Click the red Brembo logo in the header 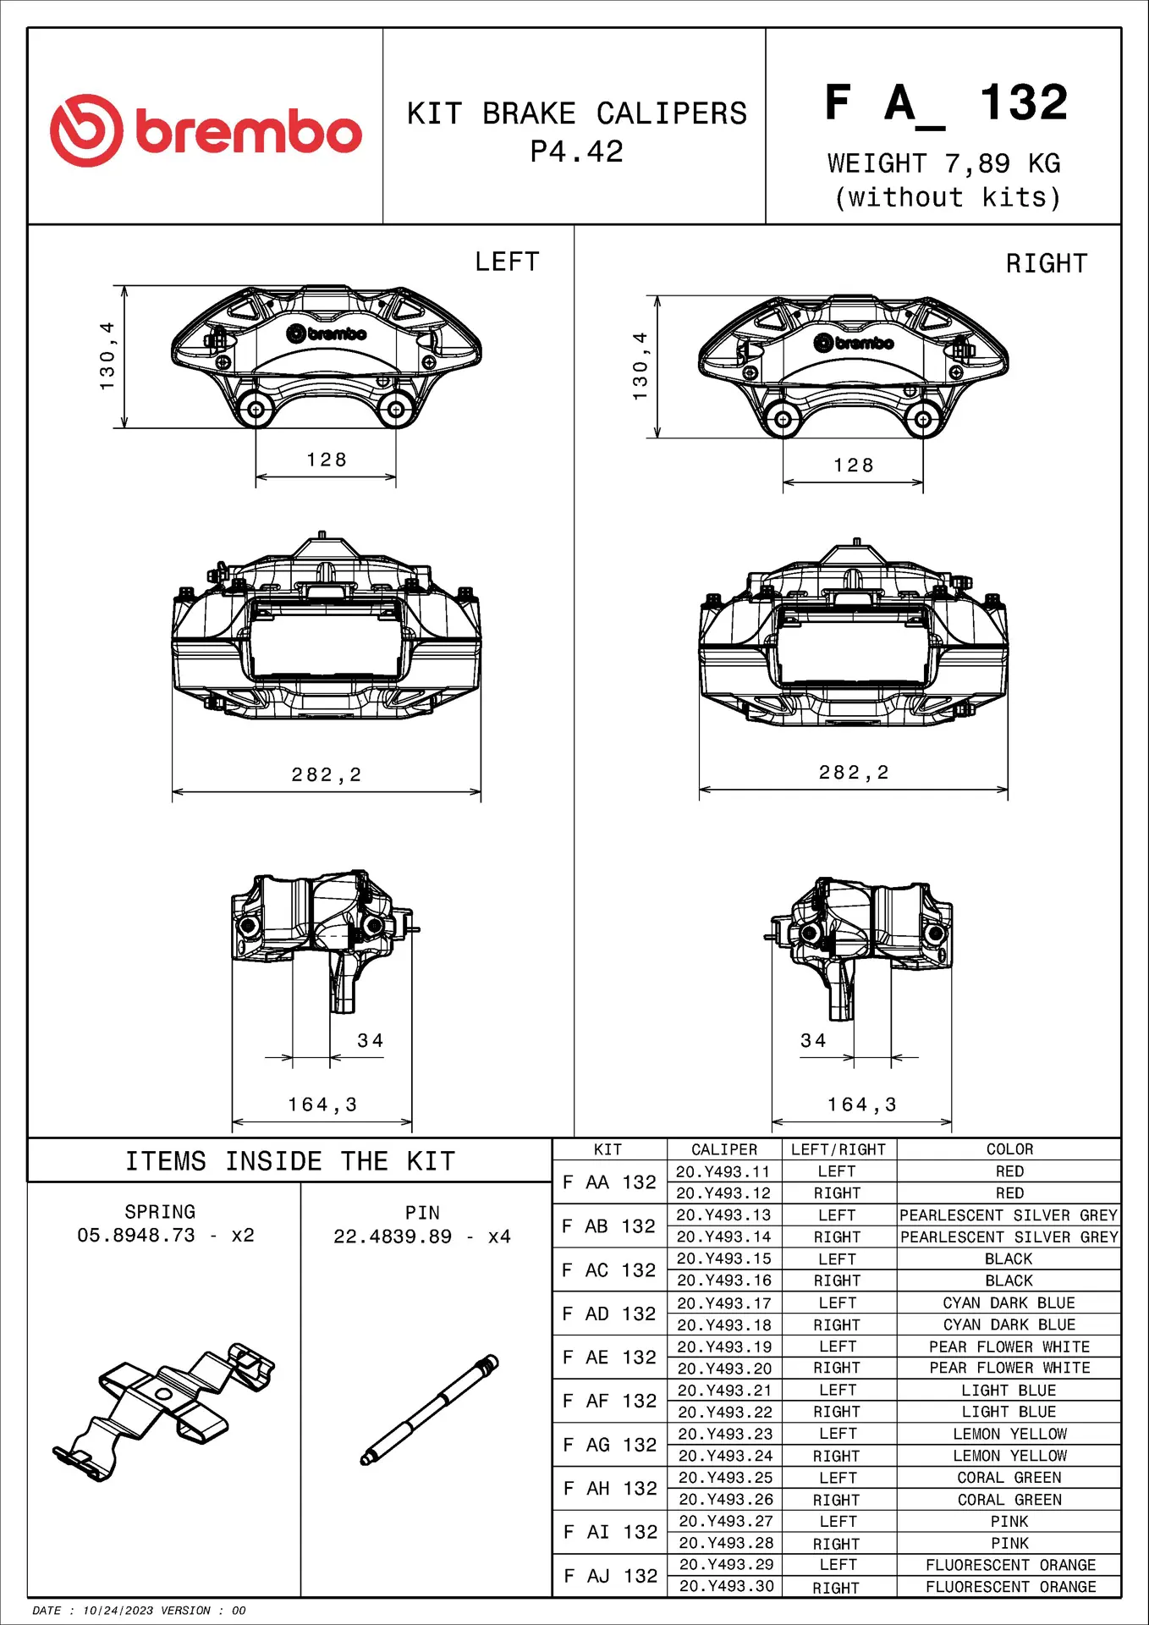tap(206, 130)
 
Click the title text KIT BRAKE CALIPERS tap(577, 113)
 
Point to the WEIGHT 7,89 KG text tap(943, 162)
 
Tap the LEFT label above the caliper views tap(507, 262)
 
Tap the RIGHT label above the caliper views tap(1047, 263)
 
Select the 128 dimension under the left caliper tap(327, 460)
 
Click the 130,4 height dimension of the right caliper tap(640, 366)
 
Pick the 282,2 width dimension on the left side tap(327, 774)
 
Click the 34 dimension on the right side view tap(813, 1040)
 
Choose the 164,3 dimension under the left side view tap(322, 1104)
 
